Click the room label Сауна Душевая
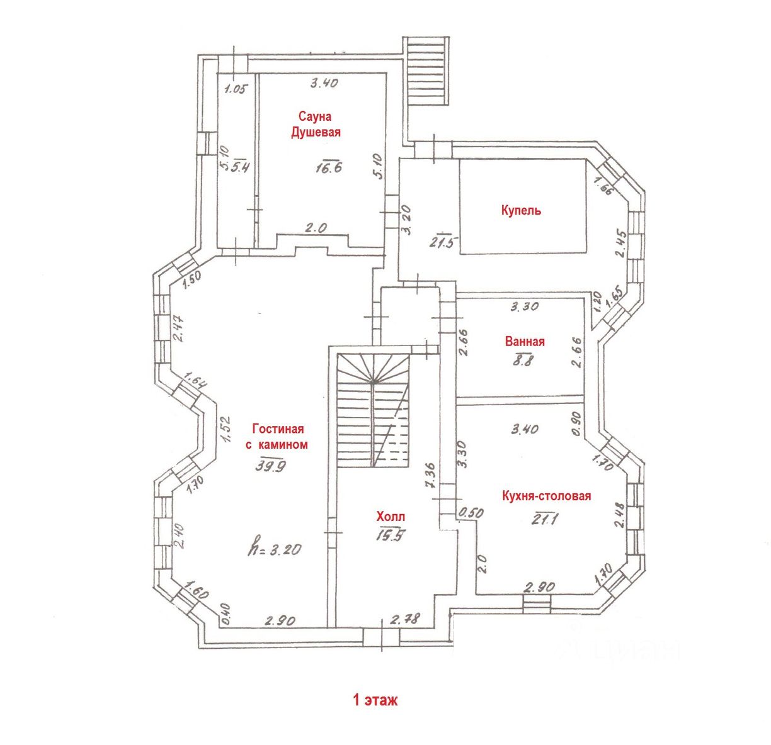click(x=316, y=124)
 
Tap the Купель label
click(x=521, y=210)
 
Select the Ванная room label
click(x=525, y=342)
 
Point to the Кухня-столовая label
click(x=547, y=496)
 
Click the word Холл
click(x=391, y=517)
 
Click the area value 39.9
click(x=271, y=466)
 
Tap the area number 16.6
click(x=329, y=167)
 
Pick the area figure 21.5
click(x=442, y=241)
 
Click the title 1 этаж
click(x=375, y=700)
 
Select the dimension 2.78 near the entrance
click(x=406, y=620)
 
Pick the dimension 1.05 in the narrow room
click(x=235, y=89)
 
